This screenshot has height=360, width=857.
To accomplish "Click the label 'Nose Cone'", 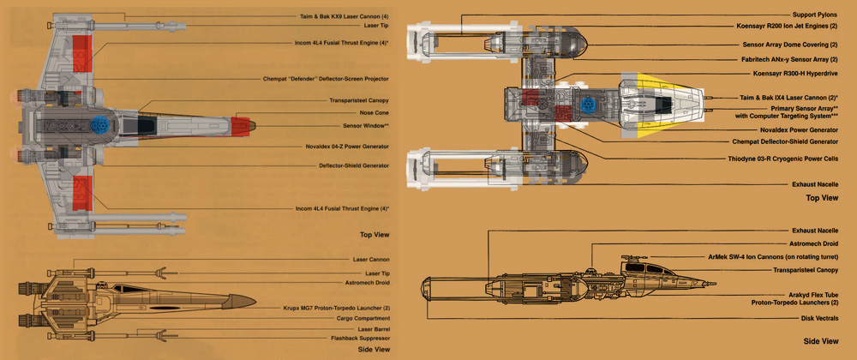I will coord(371,112).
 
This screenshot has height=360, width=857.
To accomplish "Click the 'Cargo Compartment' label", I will coord(362,318).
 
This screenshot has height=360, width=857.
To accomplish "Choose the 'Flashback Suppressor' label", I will coord(357,339).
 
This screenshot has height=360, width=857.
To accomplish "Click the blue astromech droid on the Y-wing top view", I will coord(589,106).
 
